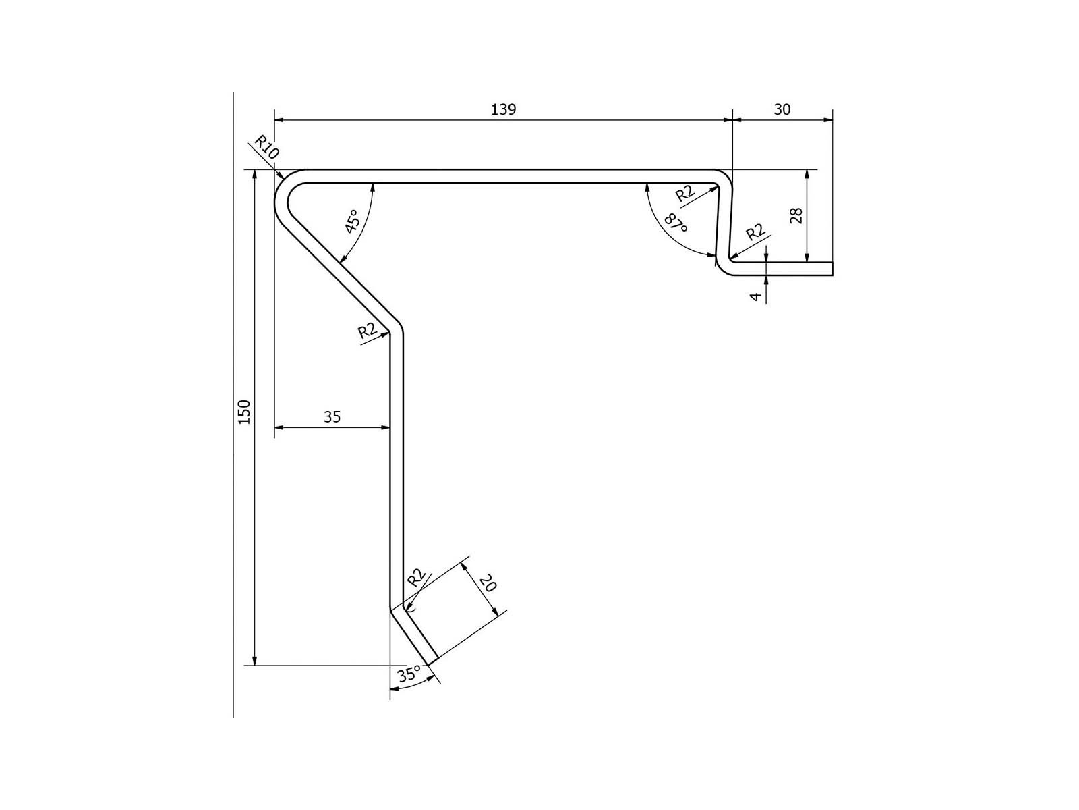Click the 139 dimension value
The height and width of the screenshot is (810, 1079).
(503, 109)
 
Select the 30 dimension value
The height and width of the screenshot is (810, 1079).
(782, 109)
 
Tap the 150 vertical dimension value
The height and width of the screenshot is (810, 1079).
(244, 412)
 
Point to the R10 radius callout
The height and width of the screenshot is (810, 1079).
(266, 147)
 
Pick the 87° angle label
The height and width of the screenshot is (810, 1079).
(676, 224)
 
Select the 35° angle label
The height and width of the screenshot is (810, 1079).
(409, 674)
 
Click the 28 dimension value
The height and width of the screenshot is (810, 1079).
(796, 216)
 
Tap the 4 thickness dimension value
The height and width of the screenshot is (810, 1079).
(757, 296)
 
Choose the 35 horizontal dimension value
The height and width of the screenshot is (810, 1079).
(332, 417)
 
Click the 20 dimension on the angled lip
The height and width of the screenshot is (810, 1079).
(488, 584)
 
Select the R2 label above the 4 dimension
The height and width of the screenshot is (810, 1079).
(756, 232)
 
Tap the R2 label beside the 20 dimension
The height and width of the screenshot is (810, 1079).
(416, 578)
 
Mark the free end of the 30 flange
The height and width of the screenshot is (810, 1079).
(832, 269)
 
